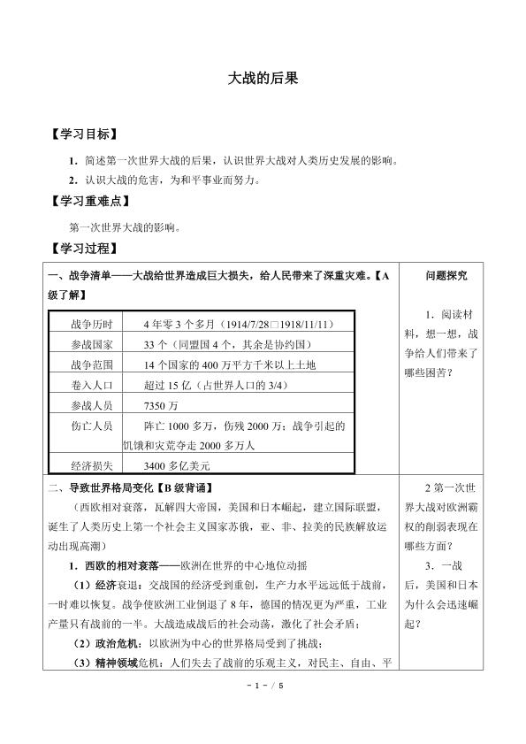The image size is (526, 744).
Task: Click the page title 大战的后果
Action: coord(263,78)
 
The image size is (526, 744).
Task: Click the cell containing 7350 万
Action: coord(160,404)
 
